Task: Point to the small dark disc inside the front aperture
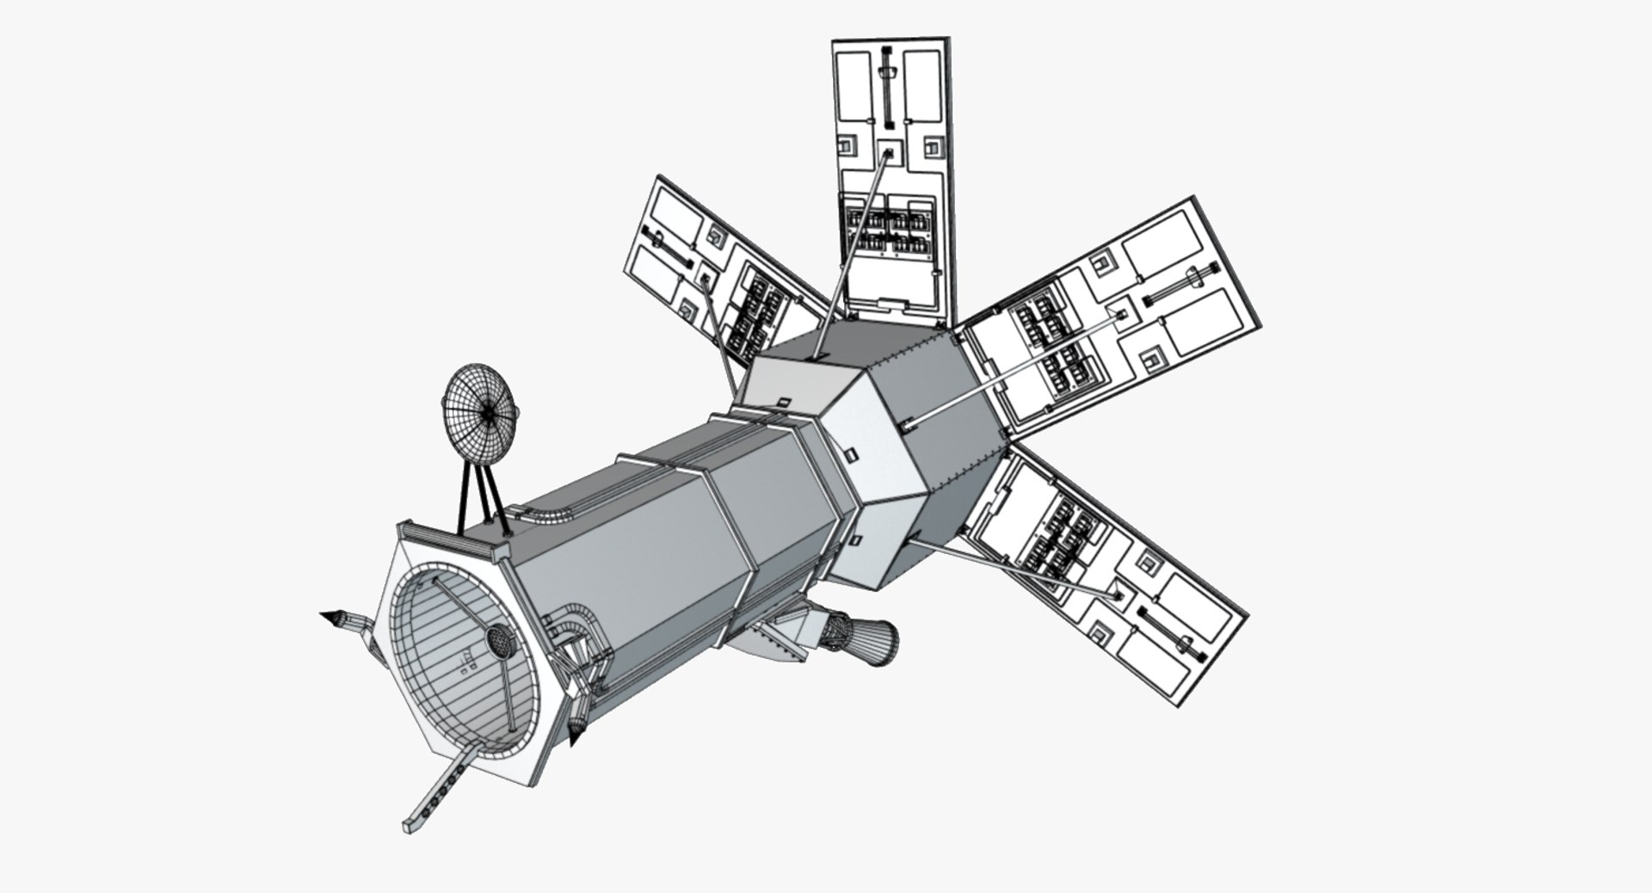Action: point(498,638)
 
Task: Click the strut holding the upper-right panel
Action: point(1015,370)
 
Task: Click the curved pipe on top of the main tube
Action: point(546,514)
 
